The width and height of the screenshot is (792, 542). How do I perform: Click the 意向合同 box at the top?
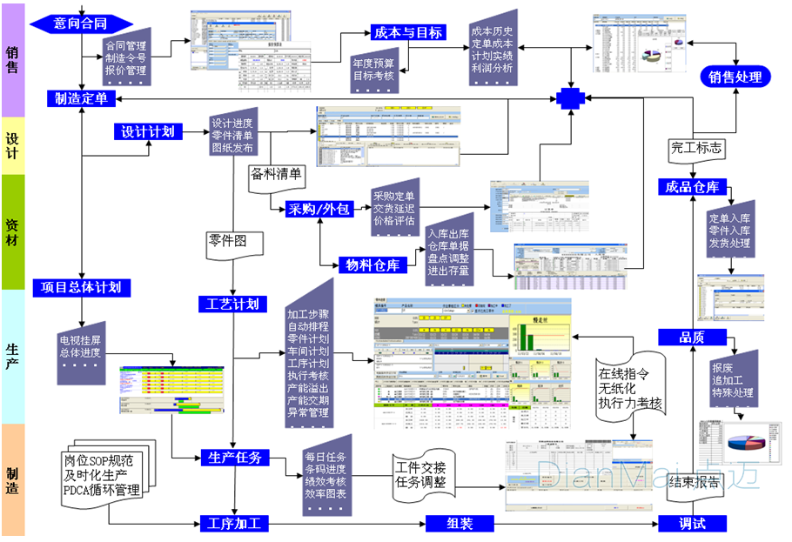81,23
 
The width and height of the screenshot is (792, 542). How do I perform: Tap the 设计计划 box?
148,131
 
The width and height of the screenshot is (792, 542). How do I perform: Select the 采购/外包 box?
319,208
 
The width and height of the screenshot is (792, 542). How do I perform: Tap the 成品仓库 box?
692,187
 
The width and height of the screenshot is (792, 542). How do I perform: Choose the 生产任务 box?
235,457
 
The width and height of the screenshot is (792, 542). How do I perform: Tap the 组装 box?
460,524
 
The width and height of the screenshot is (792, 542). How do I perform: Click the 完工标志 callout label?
696,149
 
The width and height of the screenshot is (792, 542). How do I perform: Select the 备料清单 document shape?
276,175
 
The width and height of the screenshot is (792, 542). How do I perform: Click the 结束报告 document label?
694,484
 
